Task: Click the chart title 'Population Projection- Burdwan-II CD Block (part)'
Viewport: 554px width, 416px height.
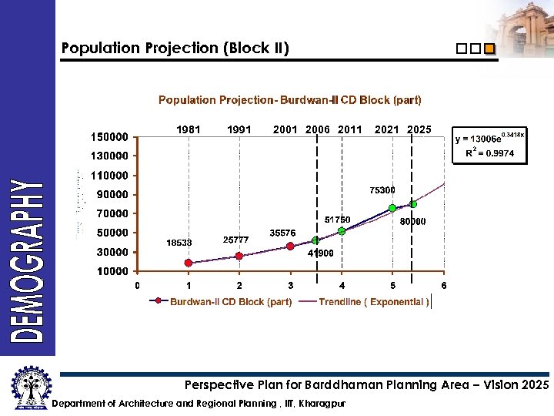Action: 289,100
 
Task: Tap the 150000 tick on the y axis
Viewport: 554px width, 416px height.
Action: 109,137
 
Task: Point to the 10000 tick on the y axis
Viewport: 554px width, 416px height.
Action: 112,271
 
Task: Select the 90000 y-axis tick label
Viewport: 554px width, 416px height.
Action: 112,194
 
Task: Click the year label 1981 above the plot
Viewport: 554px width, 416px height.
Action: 189,129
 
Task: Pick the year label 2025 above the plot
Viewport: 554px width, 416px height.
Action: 419,129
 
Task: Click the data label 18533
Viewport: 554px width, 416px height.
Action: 180,243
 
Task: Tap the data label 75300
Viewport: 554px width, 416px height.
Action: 382,190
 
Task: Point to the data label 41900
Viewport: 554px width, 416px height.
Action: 320,253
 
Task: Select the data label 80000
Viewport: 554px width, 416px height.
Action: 413,222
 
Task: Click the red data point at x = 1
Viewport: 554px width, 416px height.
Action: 189,263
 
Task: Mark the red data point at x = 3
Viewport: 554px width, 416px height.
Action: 290,247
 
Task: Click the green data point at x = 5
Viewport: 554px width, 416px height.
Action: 392,208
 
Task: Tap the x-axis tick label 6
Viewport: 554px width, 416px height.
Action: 443,287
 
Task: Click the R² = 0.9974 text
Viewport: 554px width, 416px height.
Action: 489,153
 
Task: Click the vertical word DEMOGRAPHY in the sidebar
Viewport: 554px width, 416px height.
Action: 27,260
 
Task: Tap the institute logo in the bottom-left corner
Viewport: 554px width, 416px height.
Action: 28,388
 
